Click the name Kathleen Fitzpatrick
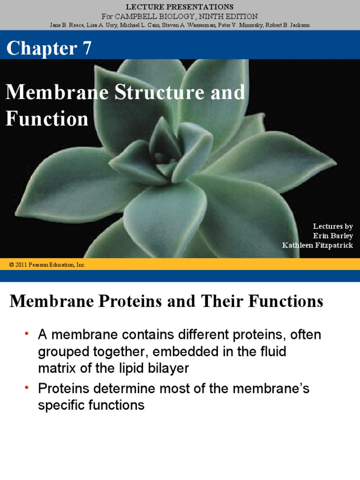(317, 245)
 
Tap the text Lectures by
(333, 226)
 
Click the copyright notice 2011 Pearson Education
(47, 265)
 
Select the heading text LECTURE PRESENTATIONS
(180, 7)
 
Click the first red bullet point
(27, 333)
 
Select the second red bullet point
(27, 387)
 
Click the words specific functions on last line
(91, 405)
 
